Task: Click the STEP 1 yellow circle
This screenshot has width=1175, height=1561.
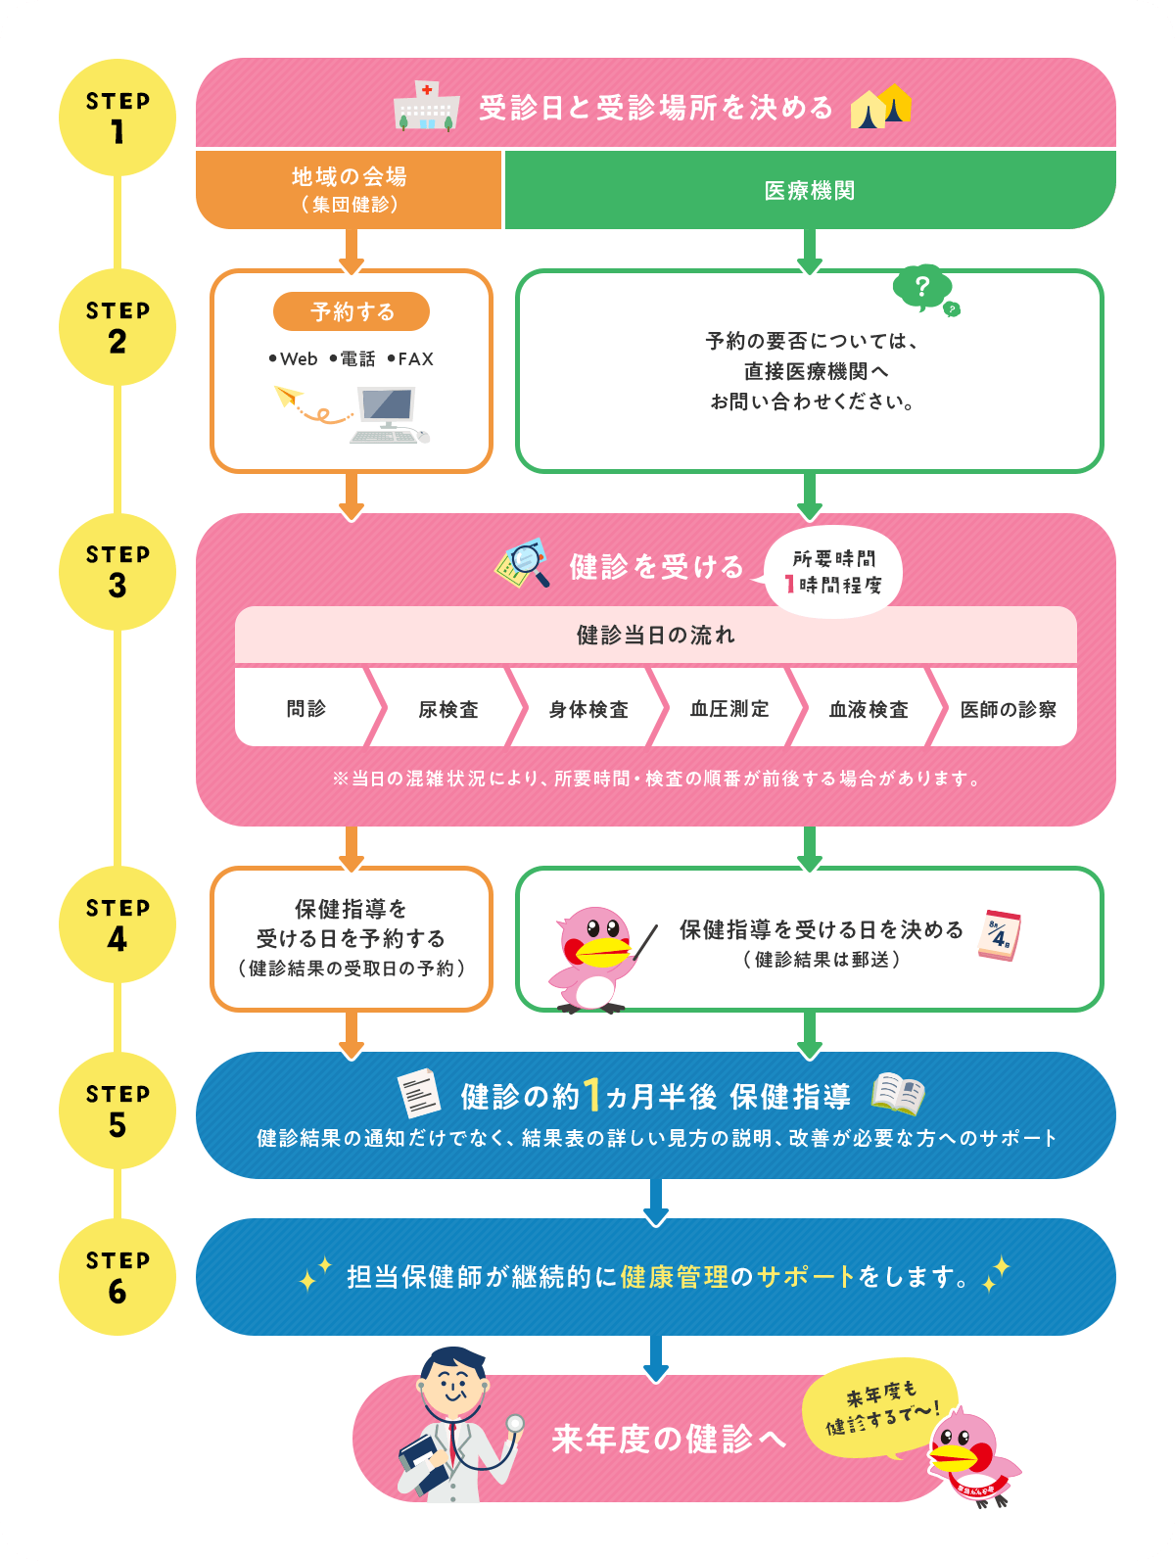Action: point(117,118)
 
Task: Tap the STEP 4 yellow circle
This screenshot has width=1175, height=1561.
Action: point(117,924)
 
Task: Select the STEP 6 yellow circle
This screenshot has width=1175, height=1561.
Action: point(117,1277)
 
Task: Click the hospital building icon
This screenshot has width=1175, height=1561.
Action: point(426,107)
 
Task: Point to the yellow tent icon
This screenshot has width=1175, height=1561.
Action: point(880,107)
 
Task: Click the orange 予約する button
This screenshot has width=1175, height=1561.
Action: point(351,311)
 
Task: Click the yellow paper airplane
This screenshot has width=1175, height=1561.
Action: point(288,397)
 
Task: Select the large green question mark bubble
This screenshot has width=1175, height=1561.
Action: point(920,287)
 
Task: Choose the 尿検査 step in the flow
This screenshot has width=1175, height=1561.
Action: point(448,709)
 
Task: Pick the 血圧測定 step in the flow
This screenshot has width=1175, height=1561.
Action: point(729,709)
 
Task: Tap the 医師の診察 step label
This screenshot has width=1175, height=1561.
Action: point(1008,709)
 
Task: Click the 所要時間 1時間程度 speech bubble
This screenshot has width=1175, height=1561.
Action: point(833,572)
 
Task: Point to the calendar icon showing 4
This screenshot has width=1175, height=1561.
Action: point(999,934)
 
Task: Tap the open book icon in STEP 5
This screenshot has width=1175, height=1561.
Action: point(897,1094)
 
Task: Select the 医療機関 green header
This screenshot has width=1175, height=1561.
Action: point(809,190)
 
